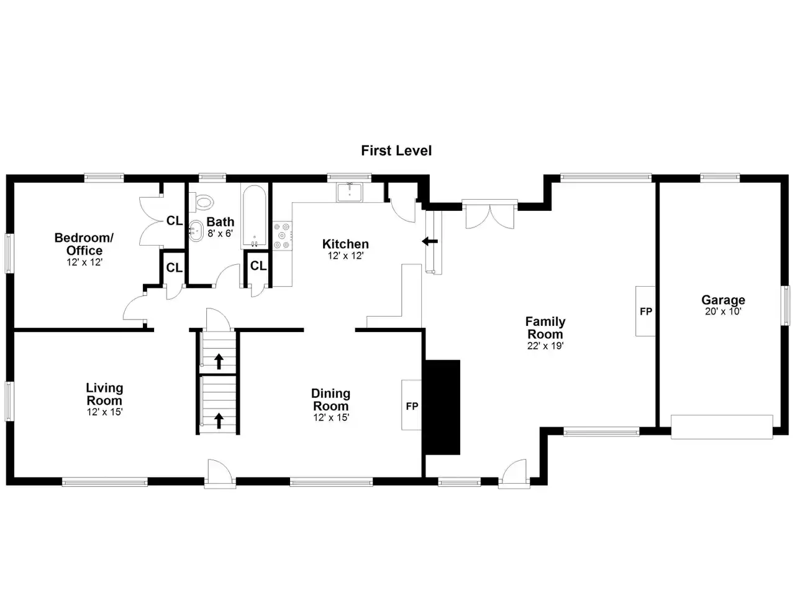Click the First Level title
tap(396, 150)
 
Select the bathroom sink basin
tap(196, 231)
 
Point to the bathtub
tap(254, 216)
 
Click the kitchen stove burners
tap(283, 236)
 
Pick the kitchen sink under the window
tap(350, 192)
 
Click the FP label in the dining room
tap(412, 406)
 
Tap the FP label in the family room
tap(646, 312)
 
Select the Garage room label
tap(723, 300)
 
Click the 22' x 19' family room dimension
tap(545, 346)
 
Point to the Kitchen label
tap(345, 244)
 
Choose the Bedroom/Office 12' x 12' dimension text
tap(84, 262)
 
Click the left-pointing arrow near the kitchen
tap(430, 241)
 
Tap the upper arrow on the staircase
tap(219, 361)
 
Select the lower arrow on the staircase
tap(219, 421)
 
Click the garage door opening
tap(722, 427)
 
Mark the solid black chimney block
tap(443, 407)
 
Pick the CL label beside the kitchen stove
tap(258, 266)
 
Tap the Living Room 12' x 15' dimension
tap(105, 412)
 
